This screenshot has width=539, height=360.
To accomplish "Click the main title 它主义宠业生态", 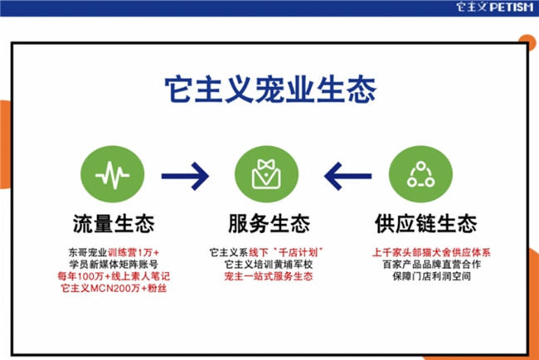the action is [x=270, y=90].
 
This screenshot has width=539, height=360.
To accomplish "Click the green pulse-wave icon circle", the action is [x=113, y=174].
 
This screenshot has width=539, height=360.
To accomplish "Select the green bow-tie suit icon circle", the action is [x=266, y=174].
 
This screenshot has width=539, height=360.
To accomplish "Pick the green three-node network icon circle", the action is [x=420, y=174].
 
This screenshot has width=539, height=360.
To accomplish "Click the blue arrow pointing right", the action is [x=185, y=176].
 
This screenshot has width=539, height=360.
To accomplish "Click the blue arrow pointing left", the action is [x=347, y=176].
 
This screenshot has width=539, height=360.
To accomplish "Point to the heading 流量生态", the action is [x=114, y=223].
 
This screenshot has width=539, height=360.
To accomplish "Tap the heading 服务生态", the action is [x=269, y=223].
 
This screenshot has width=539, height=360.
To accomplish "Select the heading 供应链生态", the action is [x=426, y=223].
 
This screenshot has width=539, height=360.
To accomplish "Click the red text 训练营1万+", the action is [x=134, y=253].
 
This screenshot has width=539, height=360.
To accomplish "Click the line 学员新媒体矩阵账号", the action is [x=114, y=265].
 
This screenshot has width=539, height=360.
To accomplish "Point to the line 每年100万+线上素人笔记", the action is [x=114, y=276].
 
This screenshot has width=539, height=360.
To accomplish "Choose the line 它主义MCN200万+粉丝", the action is [x=114, y=288].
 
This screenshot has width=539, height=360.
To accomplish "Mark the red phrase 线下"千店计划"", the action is [x=286, y=253].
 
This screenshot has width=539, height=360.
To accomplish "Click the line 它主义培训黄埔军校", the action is [x=269, y=265].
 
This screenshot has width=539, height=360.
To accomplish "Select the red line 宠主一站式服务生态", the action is [x=269, y=276].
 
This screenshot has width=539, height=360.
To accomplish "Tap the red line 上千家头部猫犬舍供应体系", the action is [x=431, y=253].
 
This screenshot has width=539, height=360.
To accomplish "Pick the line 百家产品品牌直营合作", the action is [x=431, y=265].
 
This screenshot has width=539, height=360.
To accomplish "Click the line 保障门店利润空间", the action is [x=431, y=276].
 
